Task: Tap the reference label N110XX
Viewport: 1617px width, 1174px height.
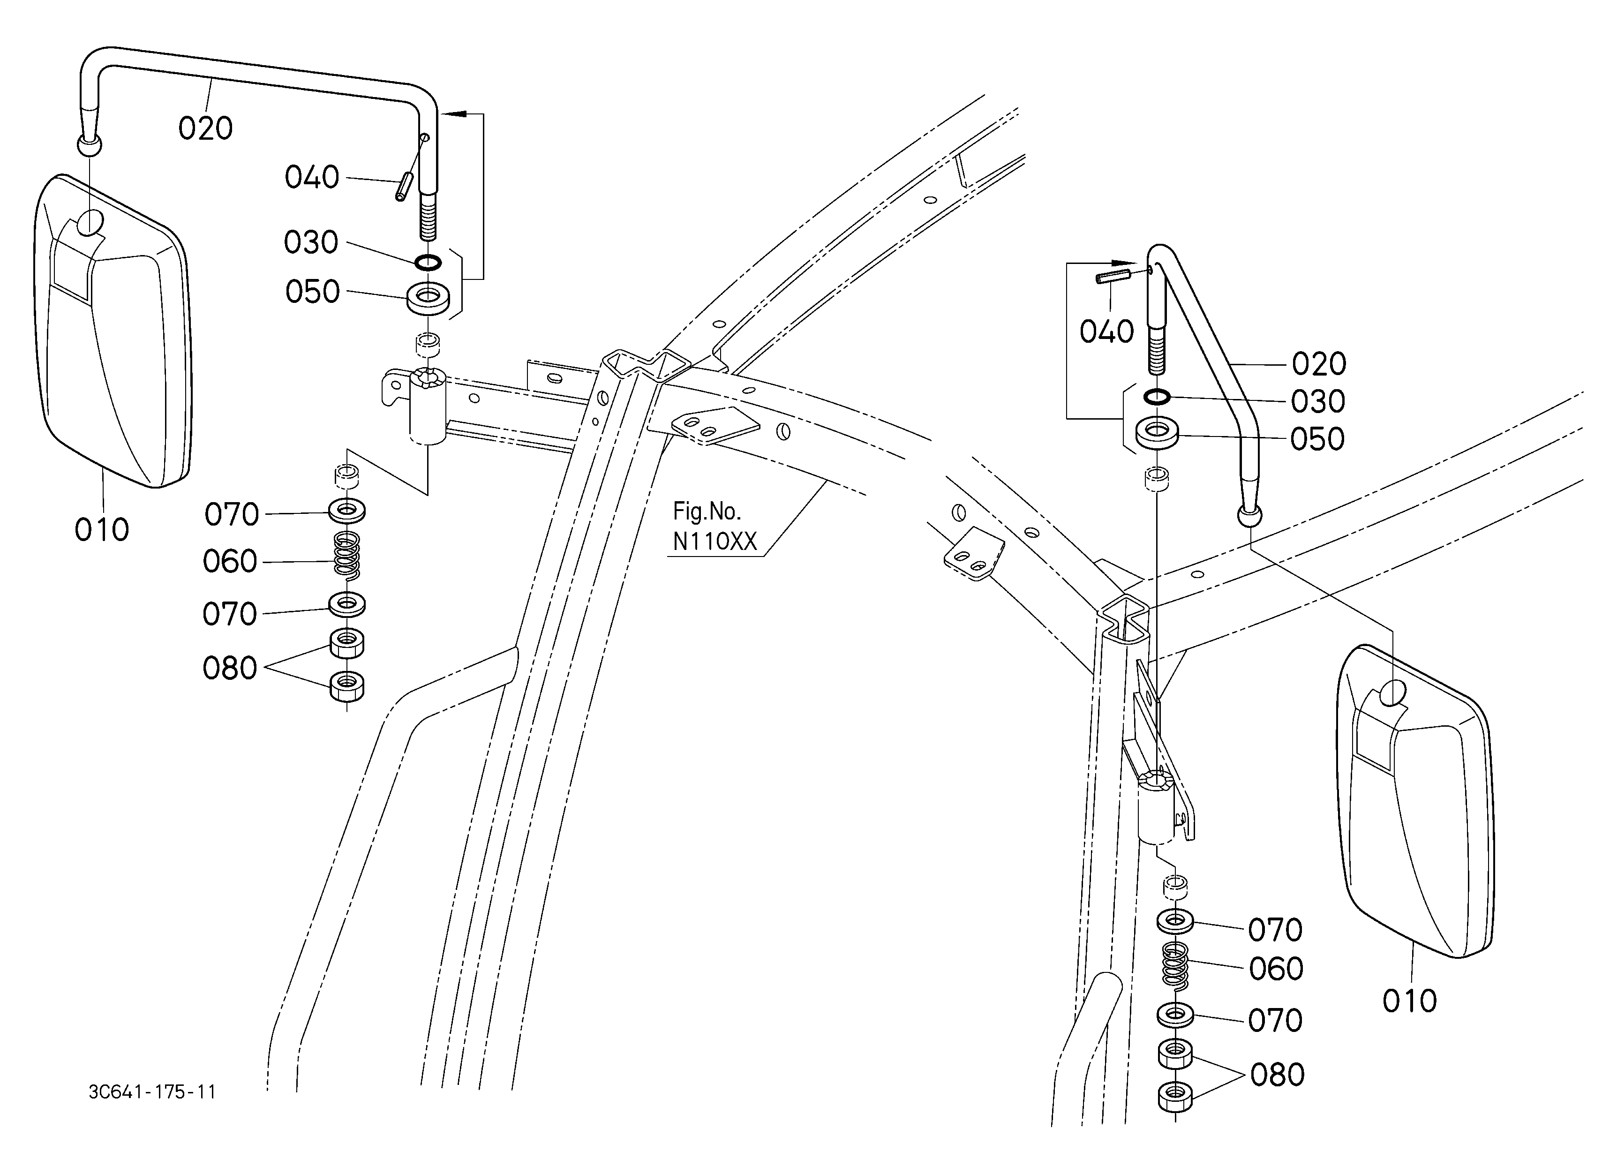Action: pyautogui.click(x=714, y=542)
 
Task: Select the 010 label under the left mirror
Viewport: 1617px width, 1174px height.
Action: pyautogui.click(x=102, y=530)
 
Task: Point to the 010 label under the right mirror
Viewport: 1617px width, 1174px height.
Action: pyautogui.click(x=1409, y=1001)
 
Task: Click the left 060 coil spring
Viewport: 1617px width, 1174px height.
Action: pyautogui.click(x=347, y=556)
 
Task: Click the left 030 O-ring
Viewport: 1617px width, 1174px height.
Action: pyautogui.click(x=428, y=263)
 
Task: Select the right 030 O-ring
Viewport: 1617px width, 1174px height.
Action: pyautogui.click(x=1157, y=396)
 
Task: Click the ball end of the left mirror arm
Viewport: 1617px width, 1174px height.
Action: pyautogui.click(x=89, y=145)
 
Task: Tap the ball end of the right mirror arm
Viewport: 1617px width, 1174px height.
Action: pyautogui.click(x=1250, y=515)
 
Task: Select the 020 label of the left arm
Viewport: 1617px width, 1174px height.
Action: pyautogui.click(x=205, y=128)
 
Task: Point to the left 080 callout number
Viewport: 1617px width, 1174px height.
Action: pyautogui.click(x=230, y=669)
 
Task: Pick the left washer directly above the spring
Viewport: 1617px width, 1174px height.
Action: pyautogui.click(x=347, y=511)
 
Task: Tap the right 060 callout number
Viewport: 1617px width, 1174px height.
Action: pyautogui.click(x=1276, y=969)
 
